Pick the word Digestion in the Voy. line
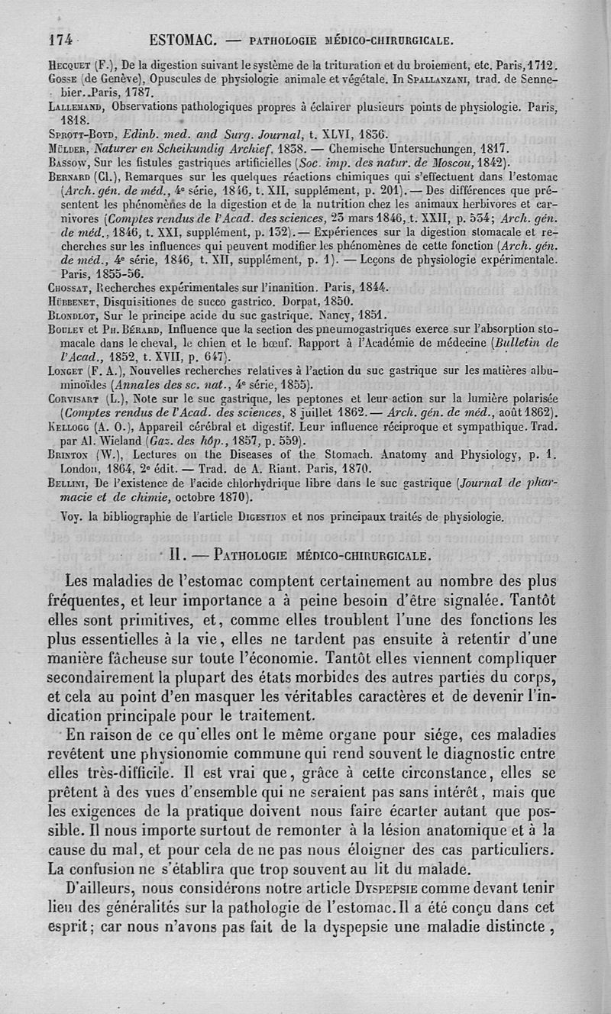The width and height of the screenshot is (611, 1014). coord(278,516)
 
